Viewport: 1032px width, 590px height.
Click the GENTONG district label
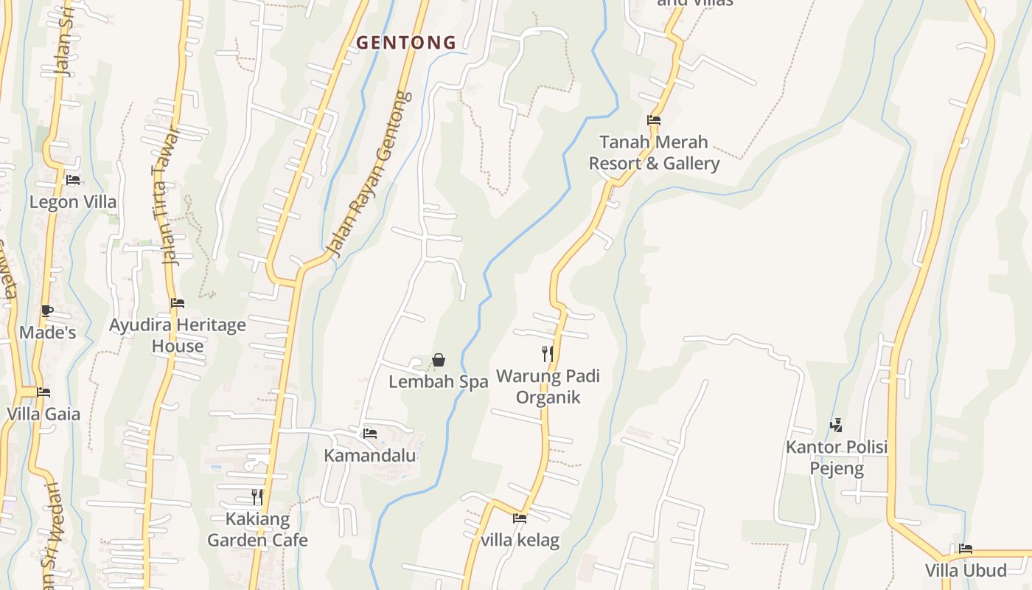click(406, 43)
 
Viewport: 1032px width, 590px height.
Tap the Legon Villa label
click(73, 201)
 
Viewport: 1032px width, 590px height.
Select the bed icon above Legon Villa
click(73, 179)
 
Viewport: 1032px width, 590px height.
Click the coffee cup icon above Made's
click(47, 310)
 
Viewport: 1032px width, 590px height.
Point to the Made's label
click(47, 333)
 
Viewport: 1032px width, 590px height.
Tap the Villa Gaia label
click(43, 414)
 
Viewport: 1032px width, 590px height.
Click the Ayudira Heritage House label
click(178, 336)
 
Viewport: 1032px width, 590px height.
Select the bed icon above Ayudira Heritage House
click(178, 303)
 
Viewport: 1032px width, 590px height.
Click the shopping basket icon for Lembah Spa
click(439, 360)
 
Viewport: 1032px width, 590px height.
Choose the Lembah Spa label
click(439, 382)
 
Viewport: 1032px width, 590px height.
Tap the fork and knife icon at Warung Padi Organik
click(548, 354)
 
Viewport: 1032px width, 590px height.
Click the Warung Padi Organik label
click(548, 386)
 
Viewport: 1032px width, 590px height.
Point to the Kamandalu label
click(370, 455)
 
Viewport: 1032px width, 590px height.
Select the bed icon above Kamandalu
click(370, 434)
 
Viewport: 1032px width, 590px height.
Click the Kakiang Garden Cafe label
click(257, 530)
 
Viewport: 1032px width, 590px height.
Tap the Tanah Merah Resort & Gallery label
click(654, 153)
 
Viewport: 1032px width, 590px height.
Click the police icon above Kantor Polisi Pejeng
click(836, 425)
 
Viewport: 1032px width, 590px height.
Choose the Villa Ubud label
click(966, 570)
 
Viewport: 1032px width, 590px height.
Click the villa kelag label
click(520, 541)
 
